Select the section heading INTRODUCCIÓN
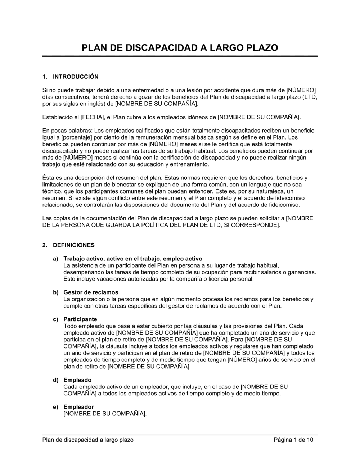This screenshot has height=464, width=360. [76, 77]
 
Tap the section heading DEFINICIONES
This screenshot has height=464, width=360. [74, 245]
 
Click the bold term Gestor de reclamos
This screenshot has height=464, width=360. [91, 292]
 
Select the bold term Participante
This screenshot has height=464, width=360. [80, 319]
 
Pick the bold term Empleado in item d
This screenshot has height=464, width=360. [77, 380]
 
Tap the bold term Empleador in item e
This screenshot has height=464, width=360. [79, 407]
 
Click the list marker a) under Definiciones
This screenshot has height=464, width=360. [55, 259]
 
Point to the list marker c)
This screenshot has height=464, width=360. [55, 319]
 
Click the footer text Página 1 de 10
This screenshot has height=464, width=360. [293, 440]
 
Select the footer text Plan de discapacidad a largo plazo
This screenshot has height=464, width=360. [88, 440]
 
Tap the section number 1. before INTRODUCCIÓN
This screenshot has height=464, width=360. [45, 77]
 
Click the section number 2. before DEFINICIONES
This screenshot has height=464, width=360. [45, 245]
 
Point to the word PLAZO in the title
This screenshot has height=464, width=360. [260, 48]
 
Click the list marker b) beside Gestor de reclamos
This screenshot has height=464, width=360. [55, 292]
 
